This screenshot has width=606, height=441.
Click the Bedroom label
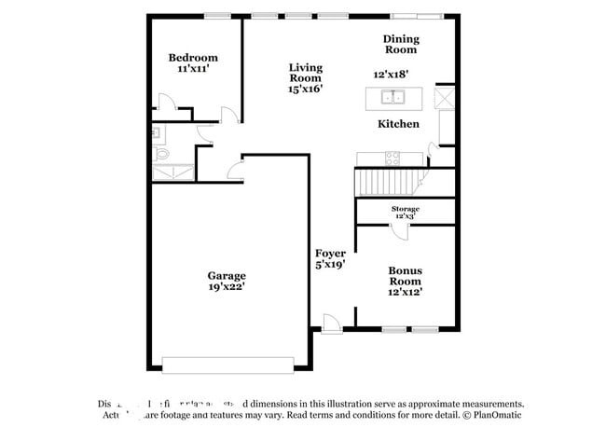tap(193, 58)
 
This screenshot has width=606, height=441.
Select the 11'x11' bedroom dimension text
tap(193, 69)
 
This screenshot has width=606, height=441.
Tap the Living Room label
tap(305, 73)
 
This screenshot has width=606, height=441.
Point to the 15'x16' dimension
tap(305, 90)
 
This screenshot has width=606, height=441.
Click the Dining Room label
tap(402, 44)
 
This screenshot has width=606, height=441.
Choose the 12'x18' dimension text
tap(392, 74)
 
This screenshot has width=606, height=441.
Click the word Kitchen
tap(398, 124)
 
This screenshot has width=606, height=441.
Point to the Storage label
tap(405, 209)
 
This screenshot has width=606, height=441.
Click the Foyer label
tap(330, 254)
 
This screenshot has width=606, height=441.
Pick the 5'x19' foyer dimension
tap(330, 265)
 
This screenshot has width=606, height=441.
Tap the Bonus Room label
tap(405, 275)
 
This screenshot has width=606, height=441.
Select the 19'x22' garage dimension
tap(227, 288)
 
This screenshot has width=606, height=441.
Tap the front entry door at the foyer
tap(331, 323)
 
